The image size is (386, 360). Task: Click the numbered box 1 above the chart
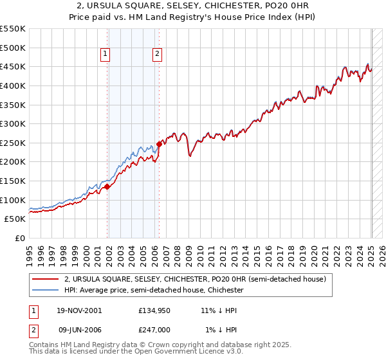105,55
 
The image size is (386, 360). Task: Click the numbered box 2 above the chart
157,55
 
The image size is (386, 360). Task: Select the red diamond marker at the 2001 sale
107,186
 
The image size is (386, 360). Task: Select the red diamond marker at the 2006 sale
159,143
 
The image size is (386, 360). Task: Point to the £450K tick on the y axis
13,66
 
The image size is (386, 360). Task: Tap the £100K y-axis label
13,200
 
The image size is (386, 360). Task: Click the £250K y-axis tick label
13,143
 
